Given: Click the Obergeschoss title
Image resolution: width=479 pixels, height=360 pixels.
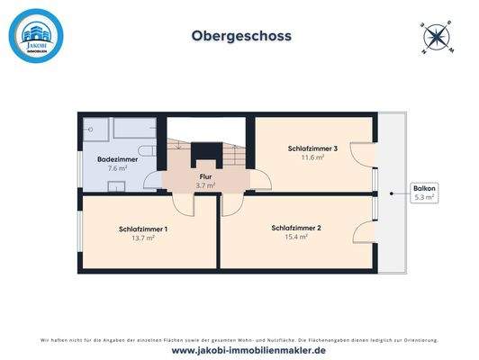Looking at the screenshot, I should coord(240,37).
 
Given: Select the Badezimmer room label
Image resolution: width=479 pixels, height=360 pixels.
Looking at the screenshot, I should coord(118,158).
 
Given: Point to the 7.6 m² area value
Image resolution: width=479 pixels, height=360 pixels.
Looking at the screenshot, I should coord(118,168).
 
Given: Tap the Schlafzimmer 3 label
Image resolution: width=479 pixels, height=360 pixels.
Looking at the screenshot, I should coord(312,148).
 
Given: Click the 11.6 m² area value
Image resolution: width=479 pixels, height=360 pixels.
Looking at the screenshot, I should coord(312,157).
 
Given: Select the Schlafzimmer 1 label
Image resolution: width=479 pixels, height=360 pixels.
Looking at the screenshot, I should coord(142,229).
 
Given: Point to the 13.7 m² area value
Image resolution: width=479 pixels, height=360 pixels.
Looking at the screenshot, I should coord(142,238).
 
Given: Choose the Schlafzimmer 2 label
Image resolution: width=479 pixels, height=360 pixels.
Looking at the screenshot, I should coord(296,228).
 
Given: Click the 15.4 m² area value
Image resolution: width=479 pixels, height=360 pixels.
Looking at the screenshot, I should coord(296,238).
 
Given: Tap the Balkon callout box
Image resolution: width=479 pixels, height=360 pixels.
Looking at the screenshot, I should coord(423,193).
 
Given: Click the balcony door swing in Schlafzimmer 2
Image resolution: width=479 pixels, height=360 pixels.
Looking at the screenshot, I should coord(366,209).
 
